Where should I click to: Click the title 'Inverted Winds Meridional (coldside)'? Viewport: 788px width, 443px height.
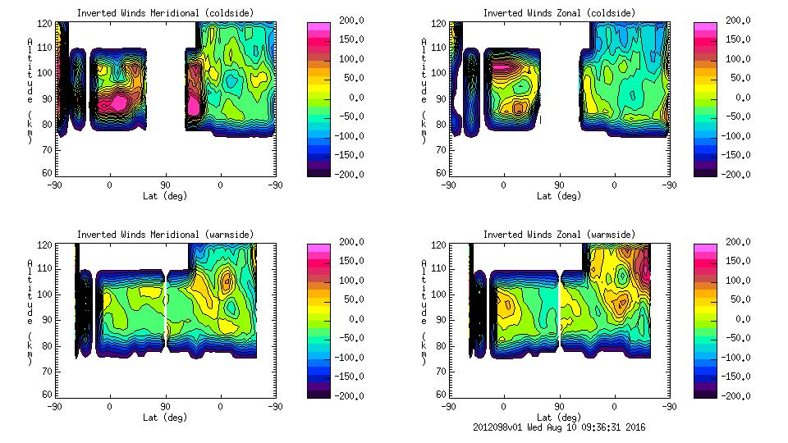click(165, 13)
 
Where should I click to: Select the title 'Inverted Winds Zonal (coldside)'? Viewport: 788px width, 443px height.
click(559, 13)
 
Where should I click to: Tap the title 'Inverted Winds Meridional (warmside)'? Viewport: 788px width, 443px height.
click(165, 235)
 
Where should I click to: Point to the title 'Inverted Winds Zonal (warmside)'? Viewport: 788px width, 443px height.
click(559, 235)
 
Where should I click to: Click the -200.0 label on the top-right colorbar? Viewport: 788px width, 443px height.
click(735, 174)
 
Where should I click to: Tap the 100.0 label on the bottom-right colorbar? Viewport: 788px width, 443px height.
click(735, 281)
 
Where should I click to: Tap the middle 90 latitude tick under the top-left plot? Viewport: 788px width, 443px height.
click(165, 185)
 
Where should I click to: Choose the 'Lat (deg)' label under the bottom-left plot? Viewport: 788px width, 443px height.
click(165, 417)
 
